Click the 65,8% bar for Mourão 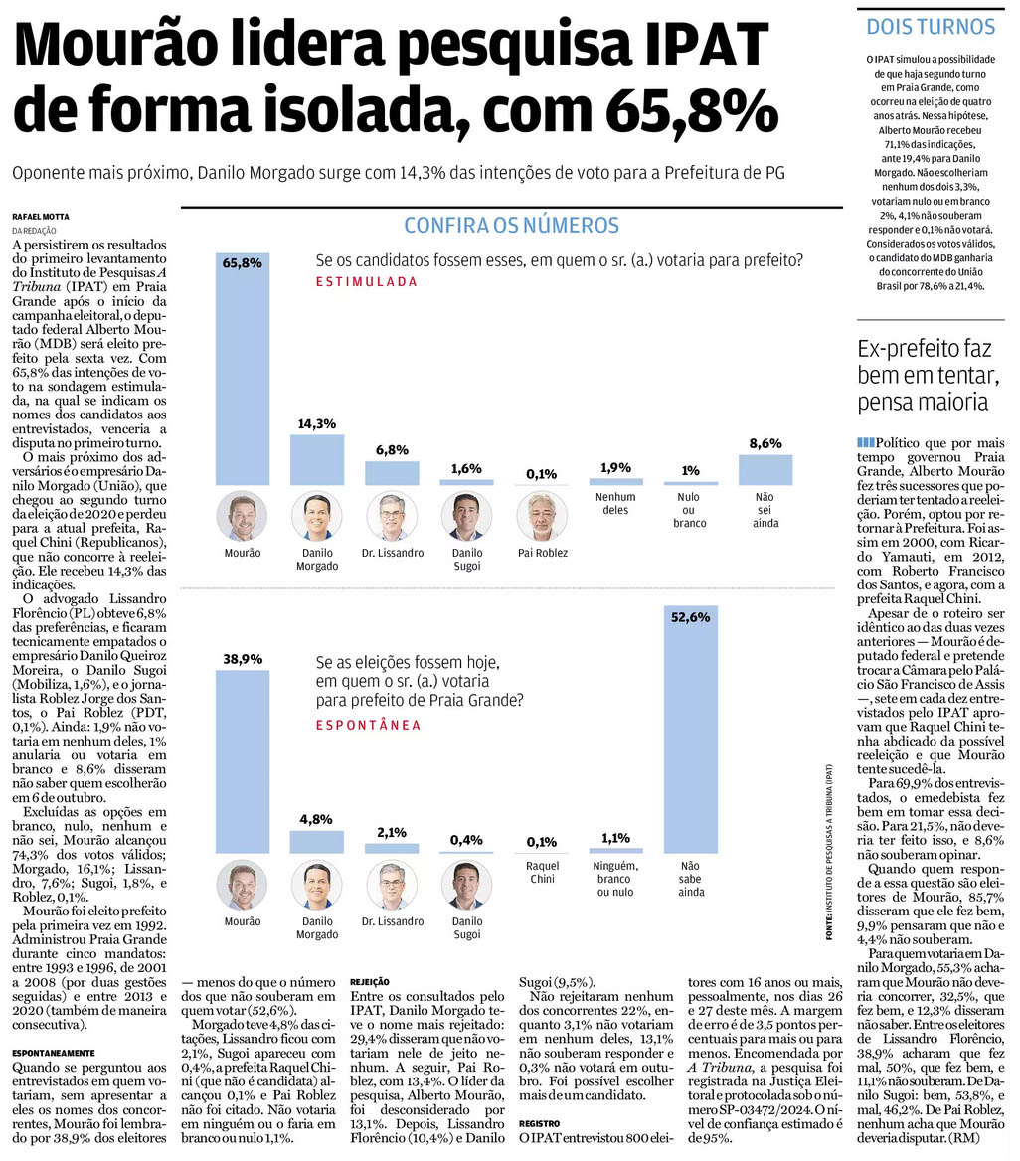point(243,368)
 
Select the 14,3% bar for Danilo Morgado point(317,459)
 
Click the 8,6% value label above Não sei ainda point(765,442)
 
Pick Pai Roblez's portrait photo point(541,516)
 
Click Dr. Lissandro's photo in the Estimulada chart point(392,516)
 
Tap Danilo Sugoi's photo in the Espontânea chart point(466,885)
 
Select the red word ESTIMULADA point(367,282)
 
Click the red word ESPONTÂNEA point(367,725)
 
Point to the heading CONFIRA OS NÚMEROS point(511,226)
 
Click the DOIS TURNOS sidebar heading point(931,27)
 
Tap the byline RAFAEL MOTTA point(40,217)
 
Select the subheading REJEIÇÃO point(369,981)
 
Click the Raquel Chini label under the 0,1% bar point(541,872)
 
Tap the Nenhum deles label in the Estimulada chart point(616,503)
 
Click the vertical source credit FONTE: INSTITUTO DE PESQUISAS point(828,851)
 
